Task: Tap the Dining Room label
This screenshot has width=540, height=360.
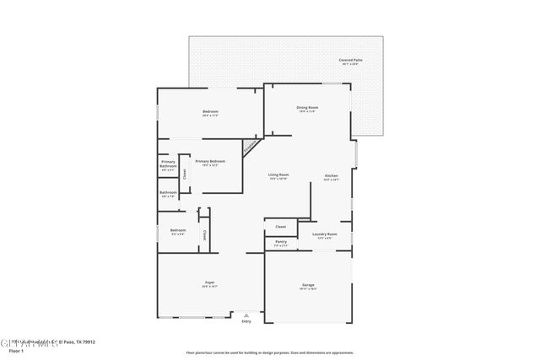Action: [x=306, y=107]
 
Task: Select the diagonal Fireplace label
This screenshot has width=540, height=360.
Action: [x=251, y=148]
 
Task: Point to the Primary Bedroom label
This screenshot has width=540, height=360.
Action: [x=210, y=161]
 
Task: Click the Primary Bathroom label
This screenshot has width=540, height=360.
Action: [x=169, y=164]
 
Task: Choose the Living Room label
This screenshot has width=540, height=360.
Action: [x=278, y=175]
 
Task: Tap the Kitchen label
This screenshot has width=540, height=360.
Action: [x=332, y=176]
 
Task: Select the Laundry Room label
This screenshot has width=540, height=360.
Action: [x=326, y=234]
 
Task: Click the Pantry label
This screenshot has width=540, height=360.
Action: [x=281, y=241]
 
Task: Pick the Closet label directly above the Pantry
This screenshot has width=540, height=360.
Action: [x=281, y=226]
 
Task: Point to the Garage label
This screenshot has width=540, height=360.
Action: [x=308, y=285]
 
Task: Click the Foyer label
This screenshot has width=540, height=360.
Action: [x=209, y=283]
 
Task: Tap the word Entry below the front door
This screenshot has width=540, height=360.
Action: [x=246, y=321]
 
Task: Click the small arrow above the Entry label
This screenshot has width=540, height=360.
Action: [x=246, y=314]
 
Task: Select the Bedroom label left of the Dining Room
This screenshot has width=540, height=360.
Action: [x=210, y=112]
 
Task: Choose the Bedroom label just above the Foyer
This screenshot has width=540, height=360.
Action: [x=178, y=230]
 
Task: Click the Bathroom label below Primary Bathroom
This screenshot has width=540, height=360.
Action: [x=169, y=192]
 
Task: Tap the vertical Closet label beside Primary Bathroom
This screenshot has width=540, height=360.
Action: [x=185, y=174]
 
